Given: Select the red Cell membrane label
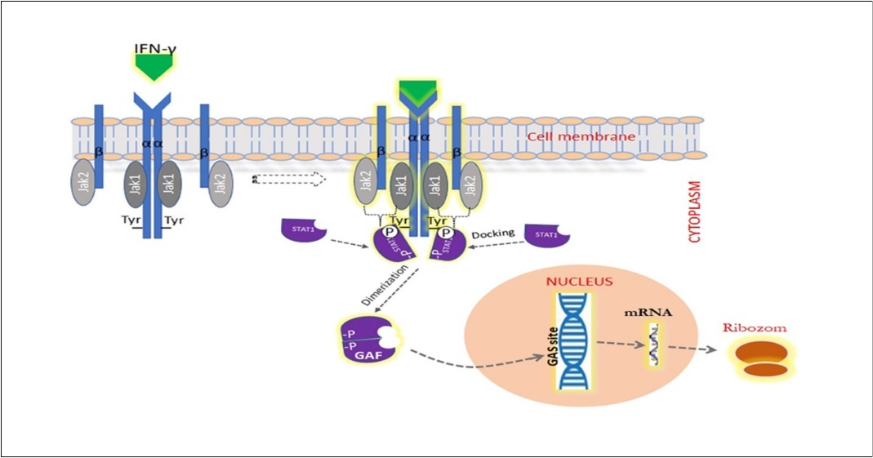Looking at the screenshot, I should tap(581, 136).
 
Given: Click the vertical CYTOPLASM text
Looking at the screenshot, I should tap(695, 212).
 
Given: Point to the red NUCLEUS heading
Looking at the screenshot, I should tap(579, 282).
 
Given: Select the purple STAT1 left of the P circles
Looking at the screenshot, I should tap(303, 229).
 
